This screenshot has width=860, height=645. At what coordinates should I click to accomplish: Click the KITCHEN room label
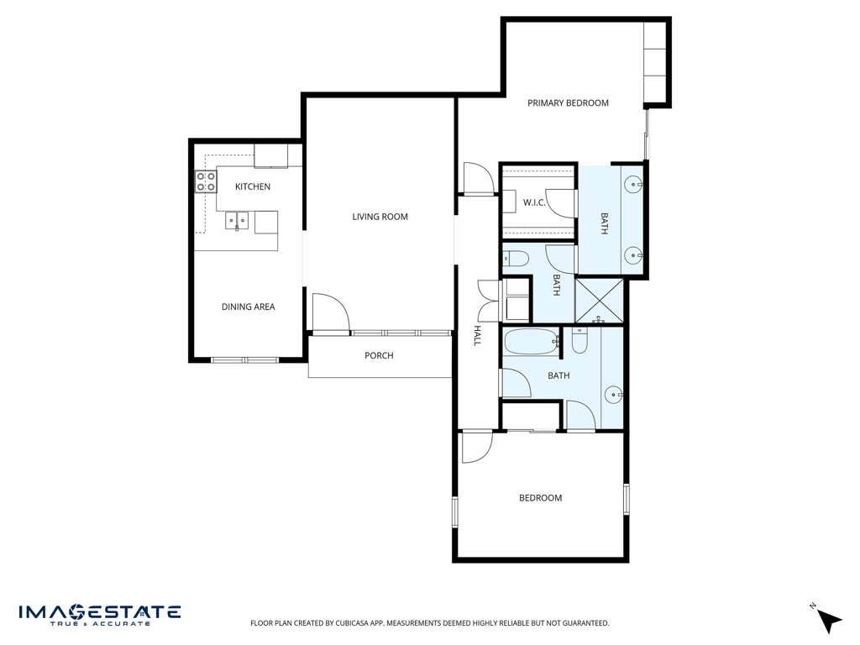252,186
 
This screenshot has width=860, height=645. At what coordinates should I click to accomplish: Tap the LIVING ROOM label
380,217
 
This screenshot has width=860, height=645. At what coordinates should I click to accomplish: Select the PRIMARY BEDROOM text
568,102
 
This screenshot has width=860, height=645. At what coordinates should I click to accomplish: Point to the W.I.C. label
534,202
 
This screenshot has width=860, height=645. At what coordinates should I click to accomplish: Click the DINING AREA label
248,307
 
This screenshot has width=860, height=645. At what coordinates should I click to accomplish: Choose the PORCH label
379,355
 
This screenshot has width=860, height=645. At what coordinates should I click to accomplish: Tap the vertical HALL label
477,335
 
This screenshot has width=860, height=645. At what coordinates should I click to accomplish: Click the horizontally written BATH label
558,375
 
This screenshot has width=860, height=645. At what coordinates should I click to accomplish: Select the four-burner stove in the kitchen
207,181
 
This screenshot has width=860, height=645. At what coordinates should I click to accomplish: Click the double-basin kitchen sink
236,221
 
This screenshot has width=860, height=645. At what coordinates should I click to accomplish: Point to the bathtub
532,341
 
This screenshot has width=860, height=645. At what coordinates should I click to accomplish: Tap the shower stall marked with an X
600,301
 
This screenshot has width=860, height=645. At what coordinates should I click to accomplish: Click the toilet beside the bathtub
579,340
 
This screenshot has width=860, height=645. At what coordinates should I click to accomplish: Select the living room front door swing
331,312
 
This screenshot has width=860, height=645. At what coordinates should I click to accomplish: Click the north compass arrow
829,621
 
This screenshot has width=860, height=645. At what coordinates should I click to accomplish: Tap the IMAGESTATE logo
100,615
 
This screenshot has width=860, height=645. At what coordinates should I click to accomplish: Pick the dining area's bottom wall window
244,360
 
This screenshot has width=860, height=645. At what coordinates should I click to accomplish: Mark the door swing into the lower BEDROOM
477,448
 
